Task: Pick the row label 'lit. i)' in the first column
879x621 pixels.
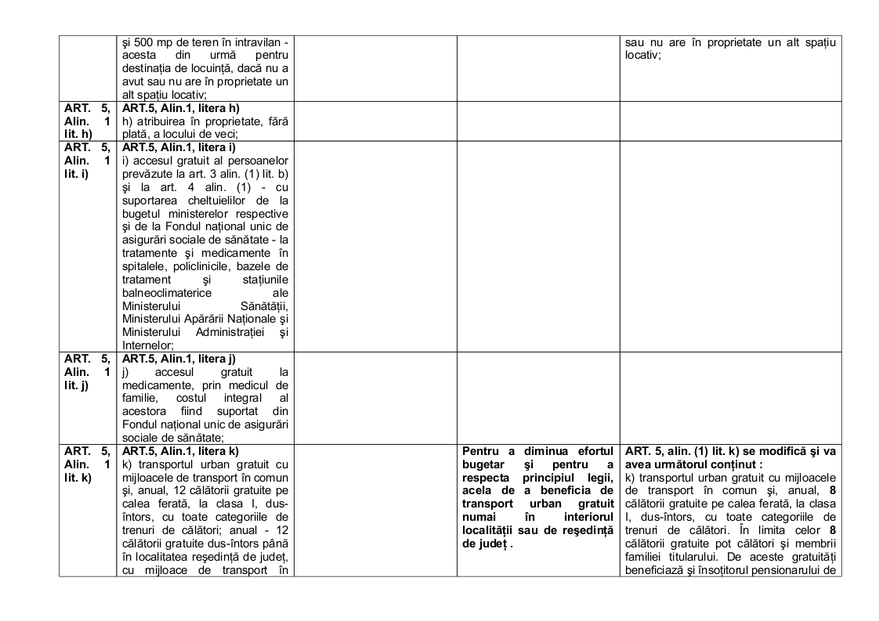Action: point(77,171)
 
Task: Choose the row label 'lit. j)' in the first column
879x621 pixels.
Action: point(77,384)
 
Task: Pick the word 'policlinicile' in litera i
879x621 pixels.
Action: point(195,267)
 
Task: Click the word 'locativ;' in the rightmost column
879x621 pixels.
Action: point(643,55)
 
